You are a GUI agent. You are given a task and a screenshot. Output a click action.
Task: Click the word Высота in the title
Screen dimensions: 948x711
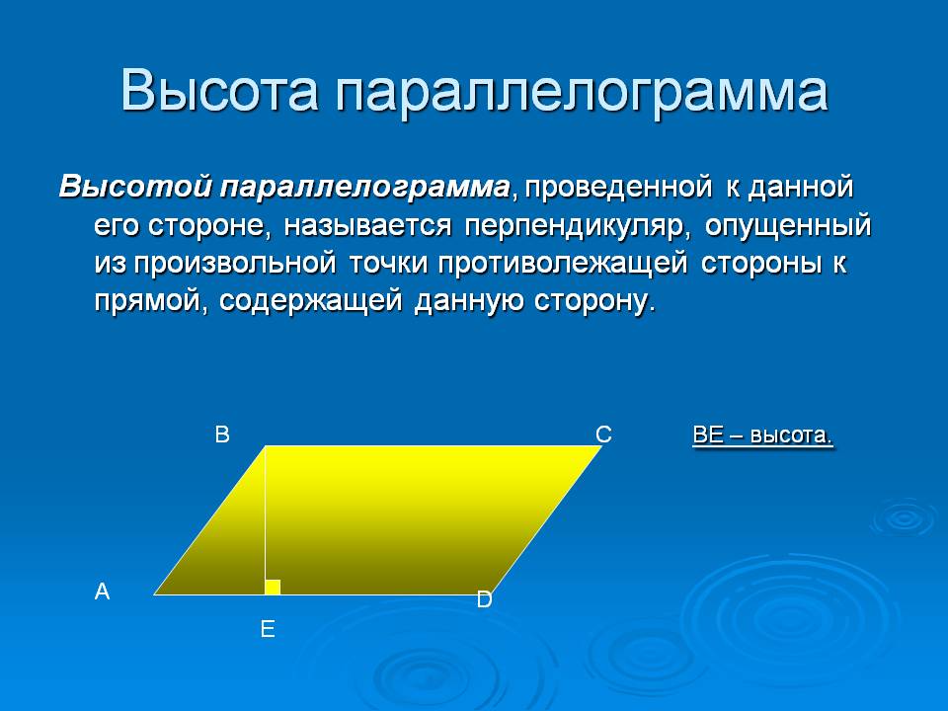point(219,91)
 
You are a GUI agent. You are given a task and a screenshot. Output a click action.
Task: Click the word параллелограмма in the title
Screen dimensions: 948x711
point(582,93)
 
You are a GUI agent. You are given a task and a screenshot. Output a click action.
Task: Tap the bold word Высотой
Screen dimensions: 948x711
point(135,187)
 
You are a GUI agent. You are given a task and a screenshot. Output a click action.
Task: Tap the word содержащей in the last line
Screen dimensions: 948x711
point(310,301)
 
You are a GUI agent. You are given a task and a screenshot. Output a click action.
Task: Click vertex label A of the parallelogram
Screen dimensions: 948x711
point(102,592)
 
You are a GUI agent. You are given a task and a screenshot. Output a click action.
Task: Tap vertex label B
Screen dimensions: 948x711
point(222,434)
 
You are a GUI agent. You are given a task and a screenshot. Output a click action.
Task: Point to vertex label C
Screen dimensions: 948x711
point(603,434)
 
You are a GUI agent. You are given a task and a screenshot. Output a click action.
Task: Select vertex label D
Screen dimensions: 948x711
point(484,599)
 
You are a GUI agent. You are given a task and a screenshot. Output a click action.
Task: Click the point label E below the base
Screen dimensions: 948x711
point(268,629)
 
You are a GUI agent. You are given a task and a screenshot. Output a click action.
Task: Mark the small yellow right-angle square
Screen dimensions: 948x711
point(273,587)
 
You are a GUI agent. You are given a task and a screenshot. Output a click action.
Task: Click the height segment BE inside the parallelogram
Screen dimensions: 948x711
point(266,520)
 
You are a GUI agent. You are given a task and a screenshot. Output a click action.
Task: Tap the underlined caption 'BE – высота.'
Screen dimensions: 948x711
point(763,435)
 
